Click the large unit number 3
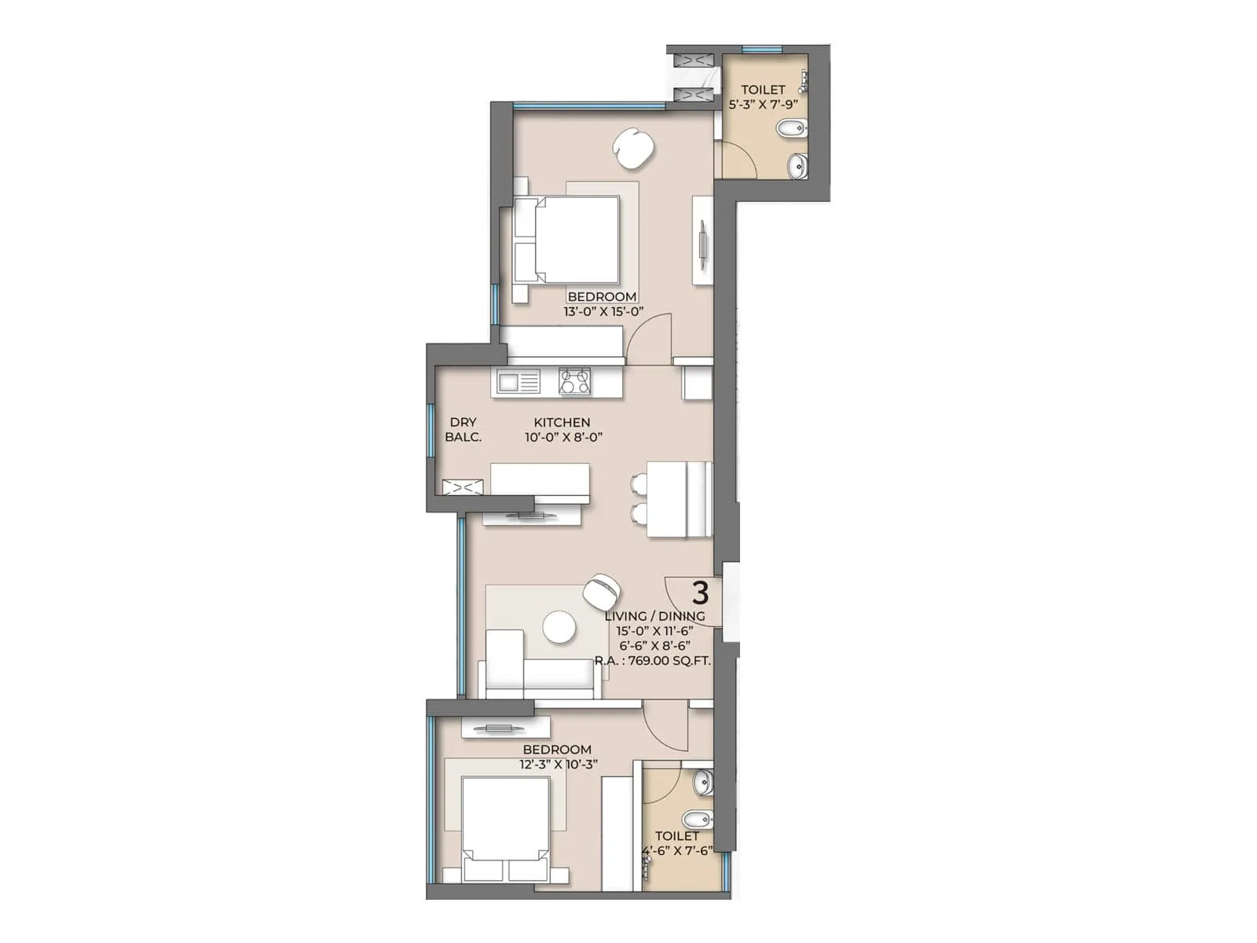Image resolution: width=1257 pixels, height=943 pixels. [x=699, y=592]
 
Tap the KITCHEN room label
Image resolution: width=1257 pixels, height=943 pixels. [x=562, y=423]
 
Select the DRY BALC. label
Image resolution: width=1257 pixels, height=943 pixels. [x=463, y=430]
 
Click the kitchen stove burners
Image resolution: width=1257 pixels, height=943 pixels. [x=574, y=382]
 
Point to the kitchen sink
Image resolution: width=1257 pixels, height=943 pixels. [x=515, y=383]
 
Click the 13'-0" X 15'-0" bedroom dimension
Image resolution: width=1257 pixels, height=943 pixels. [x=603, y=311]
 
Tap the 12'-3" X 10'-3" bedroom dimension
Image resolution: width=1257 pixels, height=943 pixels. [x=559, y=764]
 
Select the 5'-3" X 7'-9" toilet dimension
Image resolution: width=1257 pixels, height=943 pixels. [x=763, y=104]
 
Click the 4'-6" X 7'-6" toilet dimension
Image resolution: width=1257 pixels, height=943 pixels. [x=677, y=850]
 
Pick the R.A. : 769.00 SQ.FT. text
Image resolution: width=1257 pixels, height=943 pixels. [x=652, y=661]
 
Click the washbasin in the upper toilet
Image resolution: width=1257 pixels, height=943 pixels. [x=797, y=166]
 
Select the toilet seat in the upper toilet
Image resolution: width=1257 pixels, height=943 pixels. [x=787, y=127]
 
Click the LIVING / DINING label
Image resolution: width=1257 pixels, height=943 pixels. [x=654, y=616]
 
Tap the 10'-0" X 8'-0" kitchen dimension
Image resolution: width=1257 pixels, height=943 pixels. [x=563, y=438]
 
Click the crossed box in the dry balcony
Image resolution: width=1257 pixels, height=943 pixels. [x=457, y=487]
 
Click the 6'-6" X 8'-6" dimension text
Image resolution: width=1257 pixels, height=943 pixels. [x=654, y=646]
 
